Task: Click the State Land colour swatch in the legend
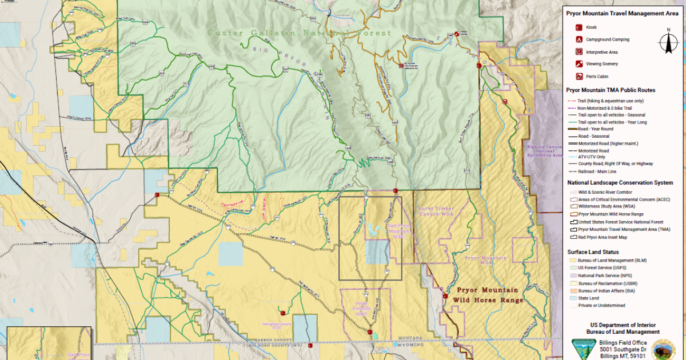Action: click(572, 298)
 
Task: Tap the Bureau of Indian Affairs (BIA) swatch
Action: click(572, 291)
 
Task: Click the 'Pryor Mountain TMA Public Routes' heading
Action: click(611, 90)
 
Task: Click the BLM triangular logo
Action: click(583, 348)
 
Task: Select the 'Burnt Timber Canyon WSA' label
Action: click(436, 212)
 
